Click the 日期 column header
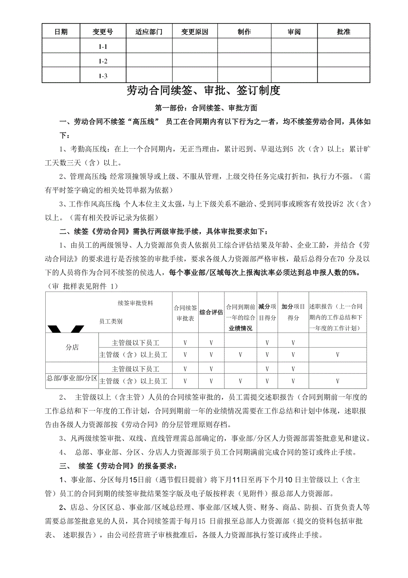61,32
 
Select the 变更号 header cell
103,32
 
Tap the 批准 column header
344,32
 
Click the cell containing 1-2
103,61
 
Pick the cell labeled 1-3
103,75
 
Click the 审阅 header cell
294,32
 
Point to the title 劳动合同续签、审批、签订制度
204,91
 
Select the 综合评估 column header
211,312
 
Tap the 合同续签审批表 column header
185,313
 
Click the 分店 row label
72,348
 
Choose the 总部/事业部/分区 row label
72,378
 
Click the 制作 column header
244,32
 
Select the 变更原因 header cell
195,32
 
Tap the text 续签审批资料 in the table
135,303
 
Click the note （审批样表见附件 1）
83,286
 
